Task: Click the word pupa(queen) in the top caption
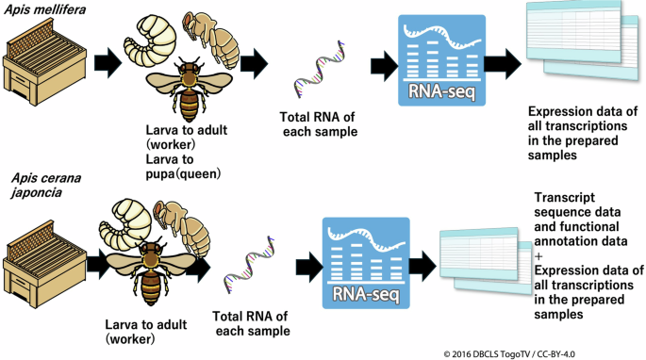click(x=189, y=172)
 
